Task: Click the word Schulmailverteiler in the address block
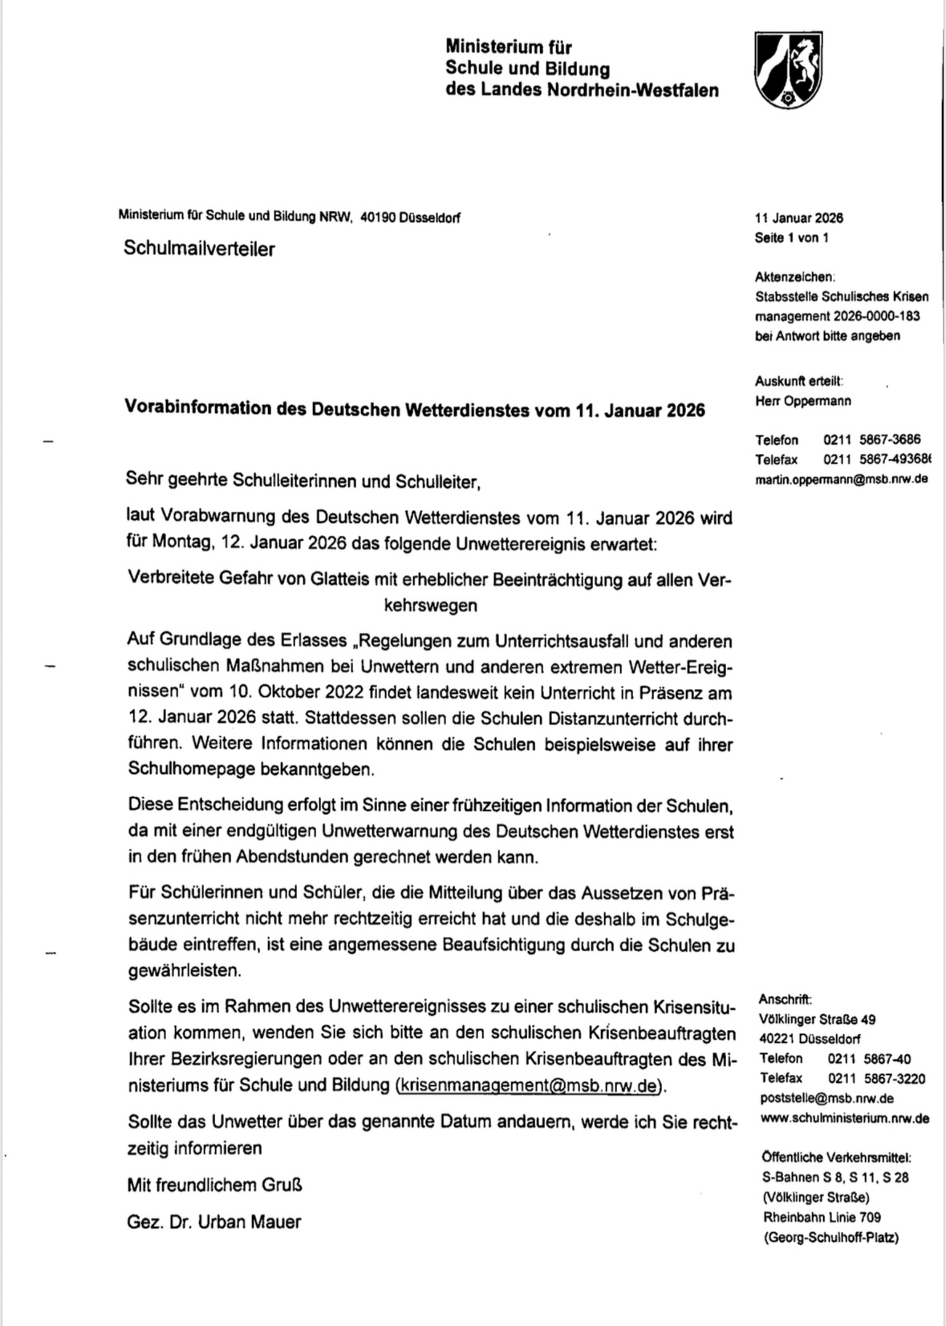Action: tap(199, 249)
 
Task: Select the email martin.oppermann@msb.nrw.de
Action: tap(842, 479)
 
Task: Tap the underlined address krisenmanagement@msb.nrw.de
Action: tap(530, 1085)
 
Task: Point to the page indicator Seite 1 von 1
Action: tap(791, 237)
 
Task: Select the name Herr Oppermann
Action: tap(802, 400)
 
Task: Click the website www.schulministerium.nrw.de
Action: tap(845, 1117)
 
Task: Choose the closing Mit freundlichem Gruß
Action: tap(214, 1184)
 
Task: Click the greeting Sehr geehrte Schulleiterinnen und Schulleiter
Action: tap(302, 481)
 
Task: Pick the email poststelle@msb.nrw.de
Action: tap(826, 1098)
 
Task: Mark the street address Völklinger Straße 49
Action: tap(817, 1020)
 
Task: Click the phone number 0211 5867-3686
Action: tap(871, 440)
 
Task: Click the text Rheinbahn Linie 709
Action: tap(822, 1217)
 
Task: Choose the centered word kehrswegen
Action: tap(430, 606)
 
